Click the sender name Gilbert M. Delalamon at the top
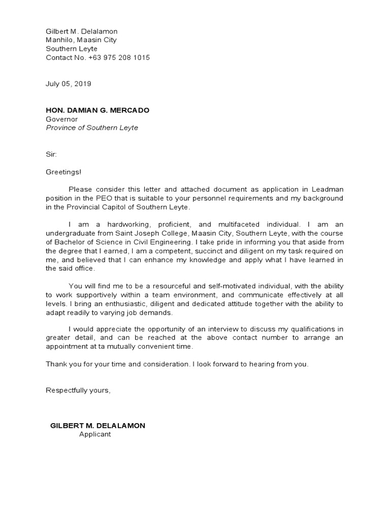pos(82,31)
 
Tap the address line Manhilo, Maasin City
pos(81,40)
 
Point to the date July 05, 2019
pos(69,84)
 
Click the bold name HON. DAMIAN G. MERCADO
pos(97,110)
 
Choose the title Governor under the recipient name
pos(62,119)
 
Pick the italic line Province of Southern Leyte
pos(92,128)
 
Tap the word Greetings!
pos(63,172)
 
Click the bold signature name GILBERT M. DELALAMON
pos(97,425)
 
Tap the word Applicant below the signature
pos(94,434)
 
